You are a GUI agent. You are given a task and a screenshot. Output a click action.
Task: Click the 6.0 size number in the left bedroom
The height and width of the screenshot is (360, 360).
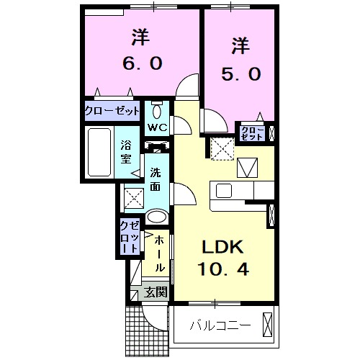tap(140, 63)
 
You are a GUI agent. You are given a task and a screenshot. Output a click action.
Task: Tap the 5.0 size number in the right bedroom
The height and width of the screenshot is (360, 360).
tap(240, 73)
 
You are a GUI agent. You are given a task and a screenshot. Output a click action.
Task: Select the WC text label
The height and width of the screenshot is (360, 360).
tap(158, 127)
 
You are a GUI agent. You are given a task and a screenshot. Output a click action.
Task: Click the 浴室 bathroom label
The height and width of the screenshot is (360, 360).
tap(126, 153)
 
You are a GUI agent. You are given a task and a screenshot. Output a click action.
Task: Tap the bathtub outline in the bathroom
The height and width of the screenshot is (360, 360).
tap(99, 153)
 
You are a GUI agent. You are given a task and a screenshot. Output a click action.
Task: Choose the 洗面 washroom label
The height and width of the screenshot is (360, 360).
tap(156, 180)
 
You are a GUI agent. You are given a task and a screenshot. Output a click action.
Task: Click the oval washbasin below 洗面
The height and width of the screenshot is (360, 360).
tap(156, 216)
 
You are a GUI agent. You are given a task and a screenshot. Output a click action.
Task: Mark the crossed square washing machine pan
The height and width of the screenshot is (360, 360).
tap(133, 196)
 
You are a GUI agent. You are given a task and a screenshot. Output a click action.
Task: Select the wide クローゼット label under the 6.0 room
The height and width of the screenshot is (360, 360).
tap(112, 111)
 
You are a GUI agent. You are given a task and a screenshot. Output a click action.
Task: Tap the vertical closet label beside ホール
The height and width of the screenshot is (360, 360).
tap(130, 237)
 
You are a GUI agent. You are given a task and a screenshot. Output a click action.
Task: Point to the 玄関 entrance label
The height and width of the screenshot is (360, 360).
tap(155, 292)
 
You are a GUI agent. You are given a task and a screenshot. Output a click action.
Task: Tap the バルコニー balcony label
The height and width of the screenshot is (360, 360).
tap(220, 325)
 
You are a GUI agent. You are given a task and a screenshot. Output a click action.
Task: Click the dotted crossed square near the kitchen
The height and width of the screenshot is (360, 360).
tap(220, 149)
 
